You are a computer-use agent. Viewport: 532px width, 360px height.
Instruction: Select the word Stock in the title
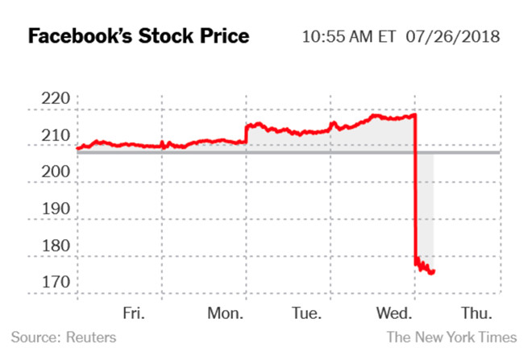pyautogui.click(x=168, y=37)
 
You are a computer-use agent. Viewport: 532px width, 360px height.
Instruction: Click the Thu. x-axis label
pyautogui.click(x=479, y=312)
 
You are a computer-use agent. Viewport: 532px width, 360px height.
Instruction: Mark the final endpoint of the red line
pyautogui.click(x=433, y=272)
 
